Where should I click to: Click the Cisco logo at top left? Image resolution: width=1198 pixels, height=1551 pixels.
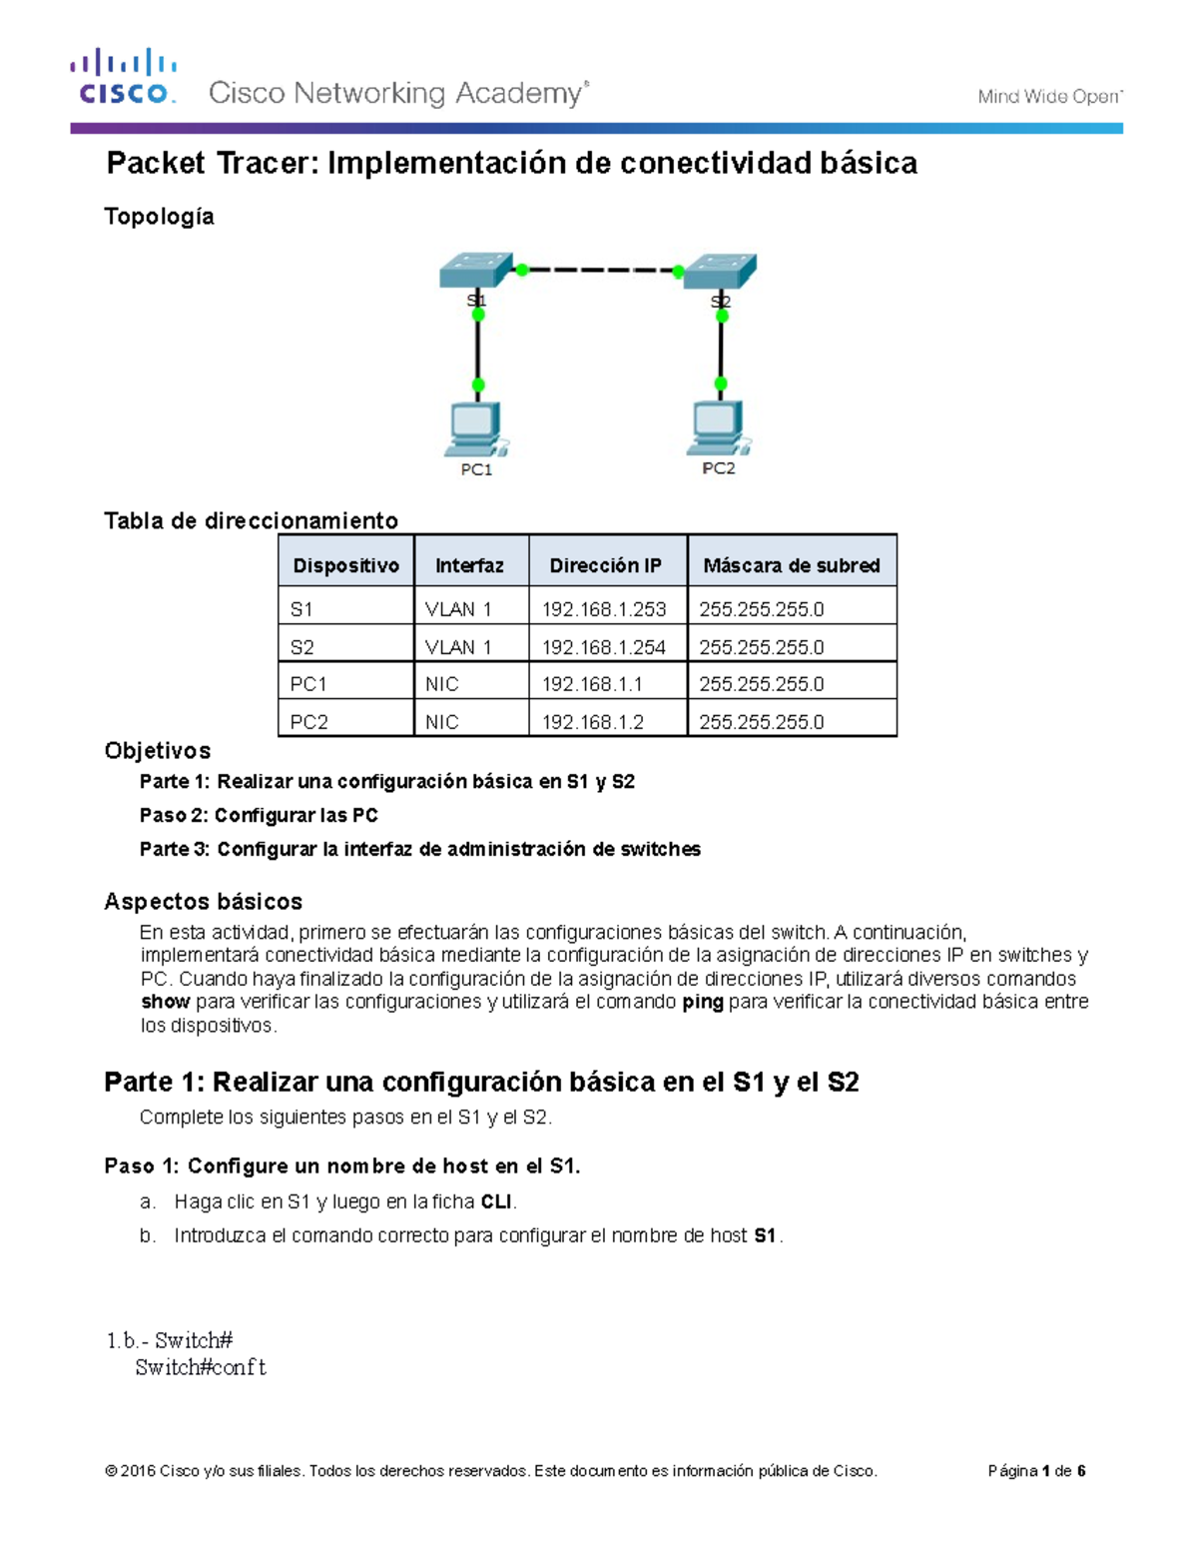pos(124,78)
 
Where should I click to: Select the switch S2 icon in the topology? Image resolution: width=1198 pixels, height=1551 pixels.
pos(721,271)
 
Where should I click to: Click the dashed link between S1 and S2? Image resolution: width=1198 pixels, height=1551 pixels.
pos(599,270)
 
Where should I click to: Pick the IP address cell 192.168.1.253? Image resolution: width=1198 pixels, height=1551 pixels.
pos(604,609)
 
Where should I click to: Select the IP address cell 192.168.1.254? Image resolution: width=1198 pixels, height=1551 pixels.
pos(604,647)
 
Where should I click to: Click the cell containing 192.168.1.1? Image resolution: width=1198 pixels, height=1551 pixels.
pos(592,684)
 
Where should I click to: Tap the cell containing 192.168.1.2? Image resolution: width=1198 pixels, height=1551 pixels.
pos(592,722)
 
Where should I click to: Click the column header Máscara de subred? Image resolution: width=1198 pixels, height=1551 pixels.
pos(791,565)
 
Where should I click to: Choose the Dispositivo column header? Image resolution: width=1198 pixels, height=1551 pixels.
pos(345,565)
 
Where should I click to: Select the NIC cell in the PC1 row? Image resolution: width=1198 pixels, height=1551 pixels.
pos(442,684)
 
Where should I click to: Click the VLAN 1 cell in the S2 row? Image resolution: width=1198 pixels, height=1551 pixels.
pos(458,647)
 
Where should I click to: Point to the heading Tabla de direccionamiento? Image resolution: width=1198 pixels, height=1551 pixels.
pos(251,520)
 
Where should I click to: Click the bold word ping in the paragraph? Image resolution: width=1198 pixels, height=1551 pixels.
pos(702,1002)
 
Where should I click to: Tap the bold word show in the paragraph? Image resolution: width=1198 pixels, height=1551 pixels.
pos(165,1002)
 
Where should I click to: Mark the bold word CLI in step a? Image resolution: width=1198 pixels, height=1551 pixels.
pos(496,1201)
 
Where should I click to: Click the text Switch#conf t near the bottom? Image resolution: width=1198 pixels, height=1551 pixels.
pos(201,1367)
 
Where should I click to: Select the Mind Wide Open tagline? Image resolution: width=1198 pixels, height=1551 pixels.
pos(1049,97)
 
